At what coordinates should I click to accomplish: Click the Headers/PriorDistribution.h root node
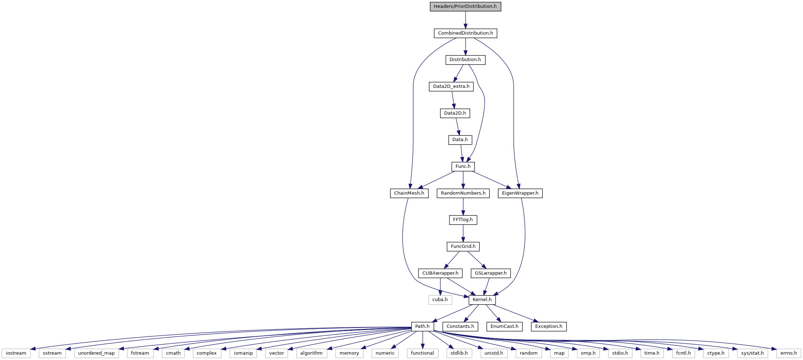(465, 6)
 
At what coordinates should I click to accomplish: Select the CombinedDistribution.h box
(465, 33)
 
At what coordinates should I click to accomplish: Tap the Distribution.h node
(465, 60)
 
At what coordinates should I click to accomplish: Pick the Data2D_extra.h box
(451, 86)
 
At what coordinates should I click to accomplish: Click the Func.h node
(463, 166)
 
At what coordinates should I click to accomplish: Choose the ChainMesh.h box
(409, 193)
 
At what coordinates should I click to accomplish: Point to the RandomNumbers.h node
(463, 193)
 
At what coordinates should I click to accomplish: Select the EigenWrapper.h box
(520, 193)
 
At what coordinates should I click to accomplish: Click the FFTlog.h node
(463, 220)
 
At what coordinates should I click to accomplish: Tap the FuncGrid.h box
(463, 246)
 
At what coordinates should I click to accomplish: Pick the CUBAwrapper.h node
(440, 273)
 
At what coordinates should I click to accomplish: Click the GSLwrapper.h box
(491, 273)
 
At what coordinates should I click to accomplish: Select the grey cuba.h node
(440, 300)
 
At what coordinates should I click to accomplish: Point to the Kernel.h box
(482, 300)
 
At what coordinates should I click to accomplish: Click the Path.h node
(422, 326)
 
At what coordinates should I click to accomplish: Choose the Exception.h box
(549, 326)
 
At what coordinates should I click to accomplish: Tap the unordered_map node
(96, 353)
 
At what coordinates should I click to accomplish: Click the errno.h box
(789, 353)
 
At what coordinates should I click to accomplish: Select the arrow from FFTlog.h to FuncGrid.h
(463, 233)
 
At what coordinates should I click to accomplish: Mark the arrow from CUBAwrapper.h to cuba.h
(440, 286)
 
